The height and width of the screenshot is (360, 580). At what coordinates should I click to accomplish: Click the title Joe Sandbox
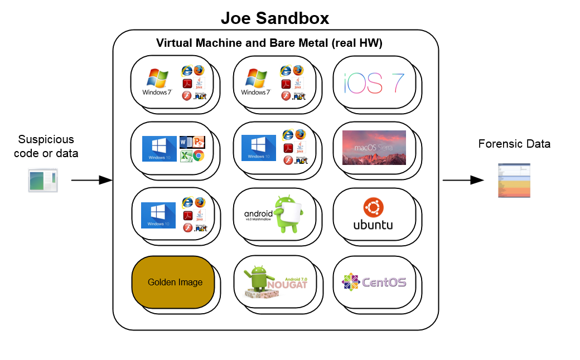275,18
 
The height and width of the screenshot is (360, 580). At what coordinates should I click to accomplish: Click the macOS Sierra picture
374,148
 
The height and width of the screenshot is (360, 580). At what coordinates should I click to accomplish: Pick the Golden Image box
175,282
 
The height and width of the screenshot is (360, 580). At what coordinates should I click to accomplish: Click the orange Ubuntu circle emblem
373,208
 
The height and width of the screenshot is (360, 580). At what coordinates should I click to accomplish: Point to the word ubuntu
373,225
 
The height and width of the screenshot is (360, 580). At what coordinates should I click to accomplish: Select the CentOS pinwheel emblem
350,282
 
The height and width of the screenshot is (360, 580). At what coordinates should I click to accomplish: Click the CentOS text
384,283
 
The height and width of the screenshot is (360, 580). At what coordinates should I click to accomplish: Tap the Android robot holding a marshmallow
289,214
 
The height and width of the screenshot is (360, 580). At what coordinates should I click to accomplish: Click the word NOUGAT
287,285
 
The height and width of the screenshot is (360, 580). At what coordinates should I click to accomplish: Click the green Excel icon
186,155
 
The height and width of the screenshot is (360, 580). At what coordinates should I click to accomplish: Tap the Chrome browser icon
199,155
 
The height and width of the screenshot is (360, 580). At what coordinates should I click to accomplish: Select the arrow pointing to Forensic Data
463,180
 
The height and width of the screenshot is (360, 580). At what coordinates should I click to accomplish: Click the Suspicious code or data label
46,146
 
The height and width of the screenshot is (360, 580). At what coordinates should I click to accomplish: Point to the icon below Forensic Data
514,180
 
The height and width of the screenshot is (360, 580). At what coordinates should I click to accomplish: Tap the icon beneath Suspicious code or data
43,181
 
